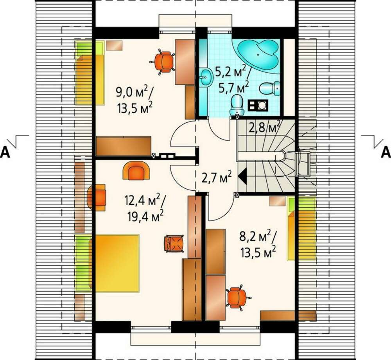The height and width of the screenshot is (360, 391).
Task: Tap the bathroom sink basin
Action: coord(207,77)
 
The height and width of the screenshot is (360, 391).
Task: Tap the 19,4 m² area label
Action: coord(145,216)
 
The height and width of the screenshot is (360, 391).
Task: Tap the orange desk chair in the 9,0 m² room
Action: coord(163,61)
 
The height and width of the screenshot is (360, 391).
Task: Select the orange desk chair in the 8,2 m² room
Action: coord(237,297)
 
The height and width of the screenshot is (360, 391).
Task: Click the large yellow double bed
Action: coord(117,263)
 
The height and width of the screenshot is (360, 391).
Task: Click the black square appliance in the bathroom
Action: coord(258,105)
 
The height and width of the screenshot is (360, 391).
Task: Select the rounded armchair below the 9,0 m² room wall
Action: coord(136,170)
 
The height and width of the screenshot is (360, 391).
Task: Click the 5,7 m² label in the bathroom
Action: coord(234,87)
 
